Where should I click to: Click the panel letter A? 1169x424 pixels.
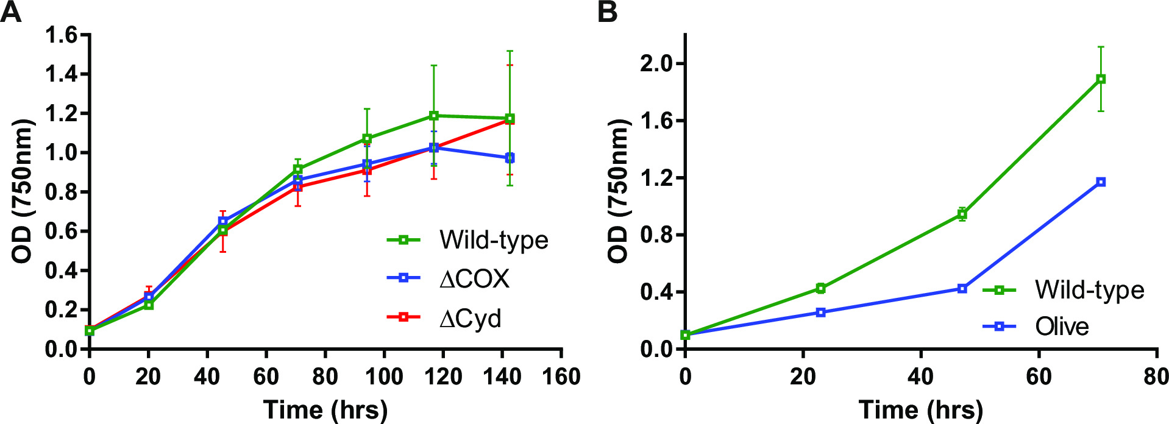point(11,12)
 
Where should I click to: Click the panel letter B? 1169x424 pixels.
point(608,12)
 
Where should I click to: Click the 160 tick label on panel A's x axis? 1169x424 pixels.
point(561,377)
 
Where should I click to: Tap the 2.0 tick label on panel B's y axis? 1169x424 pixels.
point(656,63)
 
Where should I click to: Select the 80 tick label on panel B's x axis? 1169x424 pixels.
point(1156,377)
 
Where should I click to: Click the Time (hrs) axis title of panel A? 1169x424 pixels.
point(325,410)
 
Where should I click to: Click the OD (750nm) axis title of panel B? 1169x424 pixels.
point(618,191)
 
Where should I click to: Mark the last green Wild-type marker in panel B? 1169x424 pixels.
point(1101,79)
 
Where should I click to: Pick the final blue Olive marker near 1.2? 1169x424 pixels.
point(1101,182)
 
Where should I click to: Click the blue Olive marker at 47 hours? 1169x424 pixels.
point(962,288)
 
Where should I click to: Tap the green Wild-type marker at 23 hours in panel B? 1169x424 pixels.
point(820,288)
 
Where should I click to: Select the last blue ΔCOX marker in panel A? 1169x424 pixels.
point(510,158)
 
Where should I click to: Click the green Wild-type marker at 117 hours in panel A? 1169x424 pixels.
point(434,116)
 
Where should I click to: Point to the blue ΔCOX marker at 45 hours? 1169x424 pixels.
point(223,221)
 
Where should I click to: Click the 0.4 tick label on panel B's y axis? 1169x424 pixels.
point(656,292)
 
